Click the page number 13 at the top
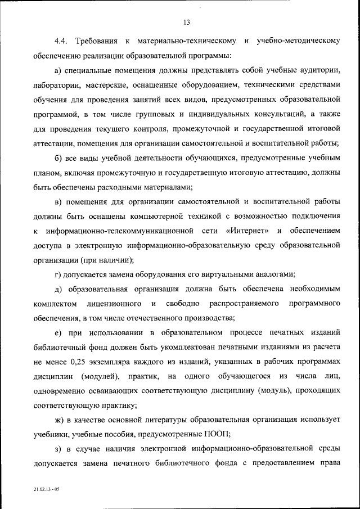pos(187,22)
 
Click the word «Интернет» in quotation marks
pos(245,231)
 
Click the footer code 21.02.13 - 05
pos(46,490)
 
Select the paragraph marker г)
pos(58,274)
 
